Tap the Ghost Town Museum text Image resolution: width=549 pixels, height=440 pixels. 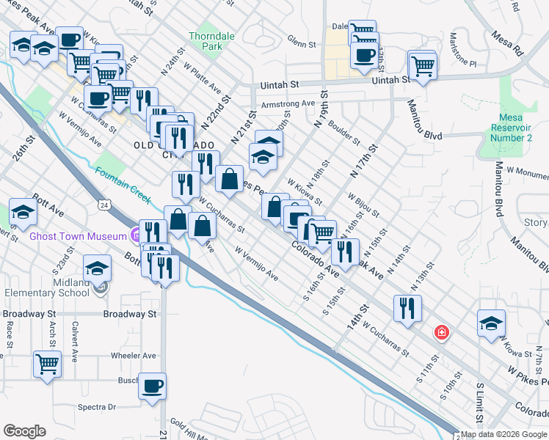coord(79,236)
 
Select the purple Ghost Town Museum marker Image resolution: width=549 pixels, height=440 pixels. coord(135,235)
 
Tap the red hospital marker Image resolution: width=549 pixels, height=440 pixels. coord(441,332)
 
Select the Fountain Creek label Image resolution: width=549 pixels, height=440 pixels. coord(122,183)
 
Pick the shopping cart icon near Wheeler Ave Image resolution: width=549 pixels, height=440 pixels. coord(47,363)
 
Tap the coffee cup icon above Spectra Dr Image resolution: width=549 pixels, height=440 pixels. coord(152,386)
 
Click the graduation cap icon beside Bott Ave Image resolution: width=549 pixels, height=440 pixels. coord(23,212)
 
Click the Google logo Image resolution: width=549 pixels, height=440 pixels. coord(24,431)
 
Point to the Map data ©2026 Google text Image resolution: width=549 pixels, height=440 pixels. coord(503,434)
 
